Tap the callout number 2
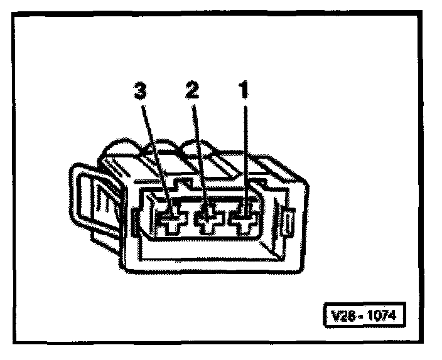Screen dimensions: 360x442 191,92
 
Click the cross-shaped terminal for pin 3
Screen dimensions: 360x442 170,221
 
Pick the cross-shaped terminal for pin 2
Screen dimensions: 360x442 207,221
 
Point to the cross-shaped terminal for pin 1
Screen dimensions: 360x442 243,221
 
